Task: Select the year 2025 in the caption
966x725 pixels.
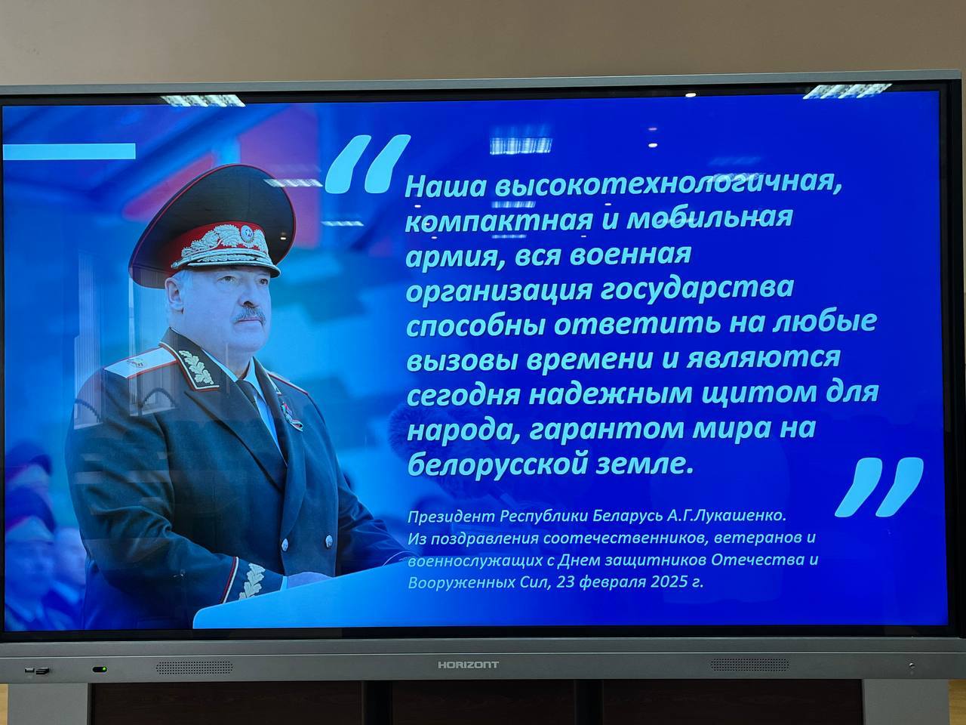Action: point(669,583)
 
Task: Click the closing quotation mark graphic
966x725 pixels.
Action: point(880,486)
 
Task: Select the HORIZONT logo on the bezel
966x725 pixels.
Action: point(469,665)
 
